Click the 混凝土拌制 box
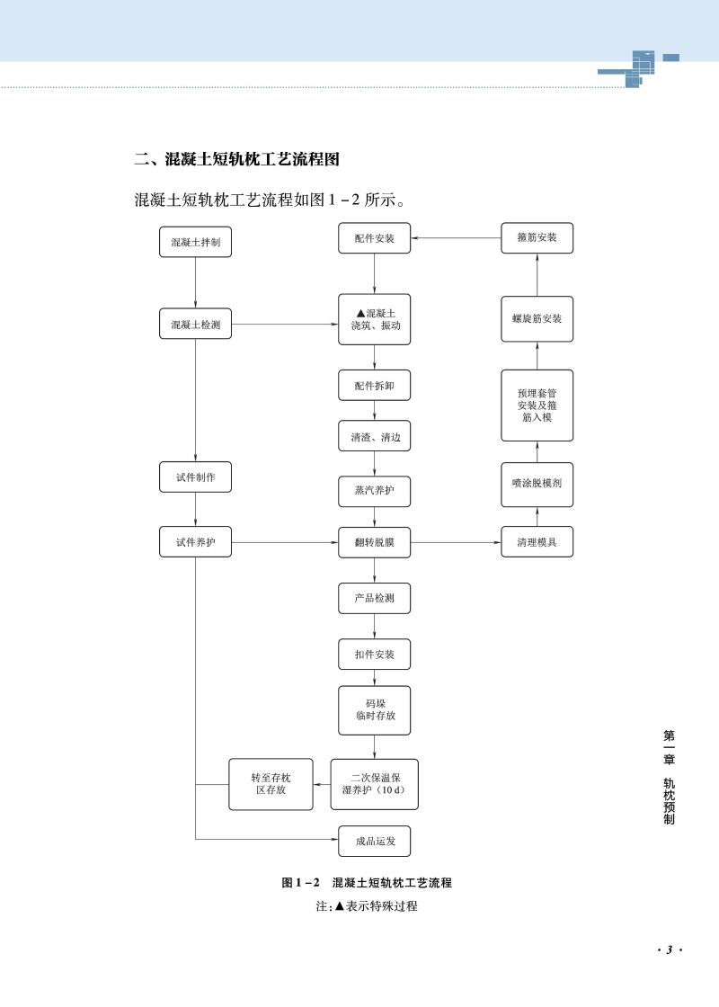click(x=195, y=242)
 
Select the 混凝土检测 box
click(x=195, y=324)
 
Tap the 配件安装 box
click(x=374, y=238)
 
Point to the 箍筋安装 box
click(x=537, y=238)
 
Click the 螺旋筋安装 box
click(x=537, y=318)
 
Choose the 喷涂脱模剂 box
click(x=537, y=482)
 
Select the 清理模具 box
click(x=537, y=543)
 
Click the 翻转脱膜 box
click(x=374, y=543)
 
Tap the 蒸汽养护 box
click(x=374, y=492)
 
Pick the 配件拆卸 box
click(x=374, y=385)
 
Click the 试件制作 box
click(x=195, y=477)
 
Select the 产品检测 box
click(x=374, y=598)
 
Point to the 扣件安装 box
click(x=374, y=654)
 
